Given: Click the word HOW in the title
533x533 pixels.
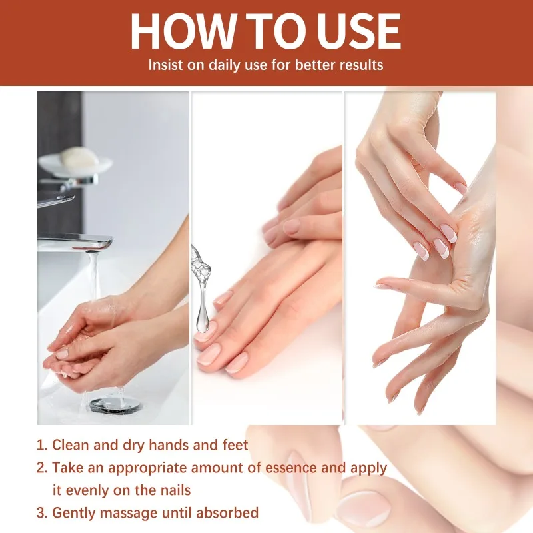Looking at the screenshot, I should click(175, 31).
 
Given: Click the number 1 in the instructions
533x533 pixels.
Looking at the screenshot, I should click(41, 445).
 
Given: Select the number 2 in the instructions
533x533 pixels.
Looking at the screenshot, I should click(41, 468).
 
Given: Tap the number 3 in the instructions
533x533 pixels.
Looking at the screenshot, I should click(41, 513).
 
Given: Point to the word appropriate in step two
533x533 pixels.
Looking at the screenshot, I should click(151, 468).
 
